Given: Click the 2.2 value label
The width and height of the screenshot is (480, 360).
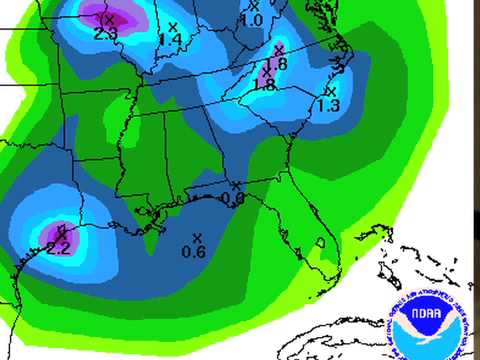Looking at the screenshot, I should point(59,249).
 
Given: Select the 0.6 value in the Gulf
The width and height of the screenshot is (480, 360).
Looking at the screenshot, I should point(194,252).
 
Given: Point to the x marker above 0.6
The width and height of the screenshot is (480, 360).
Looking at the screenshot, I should point(196,237).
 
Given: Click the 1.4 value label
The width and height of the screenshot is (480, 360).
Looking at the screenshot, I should point(170,39).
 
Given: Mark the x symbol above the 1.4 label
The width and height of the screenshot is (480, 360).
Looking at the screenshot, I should point(173,26).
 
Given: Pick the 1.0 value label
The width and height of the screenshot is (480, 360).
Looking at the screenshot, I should point(252,20).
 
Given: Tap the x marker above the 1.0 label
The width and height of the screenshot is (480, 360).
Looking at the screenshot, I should point(254,6).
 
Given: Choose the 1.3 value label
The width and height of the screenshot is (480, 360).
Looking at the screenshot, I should point(327,105).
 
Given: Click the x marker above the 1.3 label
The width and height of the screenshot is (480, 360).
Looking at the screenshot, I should point(329,91).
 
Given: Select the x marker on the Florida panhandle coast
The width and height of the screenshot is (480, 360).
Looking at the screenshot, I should point(235,185).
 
